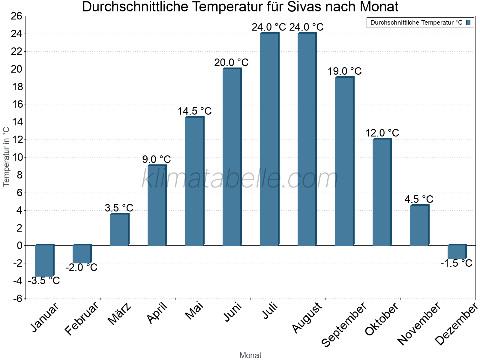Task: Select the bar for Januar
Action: click(44, 260)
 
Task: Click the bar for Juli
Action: click(269, 139)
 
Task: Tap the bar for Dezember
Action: click(457, 252)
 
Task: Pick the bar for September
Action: click(344, 161)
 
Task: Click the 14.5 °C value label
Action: click(195, 111)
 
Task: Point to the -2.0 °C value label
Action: click(82, 267)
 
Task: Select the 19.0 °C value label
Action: click(344, 71)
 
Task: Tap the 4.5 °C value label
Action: click(419, 199)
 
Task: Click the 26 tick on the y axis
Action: click(17, 16)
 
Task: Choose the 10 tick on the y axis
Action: click(17, 157)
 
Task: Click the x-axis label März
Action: click(120, 313)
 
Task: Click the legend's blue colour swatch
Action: click(468, 22)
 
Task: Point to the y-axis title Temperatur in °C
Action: click(6, 157)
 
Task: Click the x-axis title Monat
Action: click(250, 355)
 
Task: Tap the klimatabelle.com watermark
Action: click(240, 179)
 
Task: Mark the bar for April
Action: click(157, 205)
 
